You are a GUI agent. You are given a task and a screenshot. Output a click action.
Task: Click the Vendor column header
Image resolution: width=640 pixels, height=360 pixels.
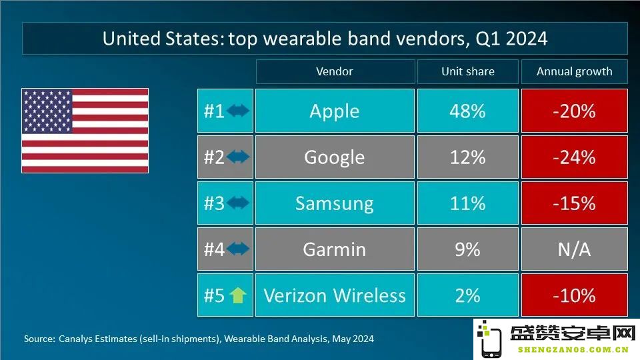(335, 71)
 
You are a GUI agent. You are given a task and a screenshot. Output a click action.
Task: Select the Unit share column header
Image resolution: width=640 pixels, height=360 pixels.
(468, 71)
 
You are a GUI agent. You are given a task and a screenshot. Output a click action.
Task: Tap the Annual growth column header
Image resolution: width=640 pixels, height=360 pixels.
(574, 71)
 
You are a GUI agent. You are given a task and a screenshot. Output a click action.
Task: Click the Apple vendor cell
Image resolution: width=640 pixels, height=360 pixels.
(335, 111)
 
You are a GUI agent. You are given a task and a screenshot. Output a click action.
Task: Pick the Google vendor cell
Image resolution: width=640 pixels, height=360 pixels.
(335, 157)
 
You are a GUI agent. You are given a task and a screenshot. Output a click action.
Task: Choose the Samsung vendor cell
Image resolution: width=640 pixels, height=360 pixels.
(335, 203)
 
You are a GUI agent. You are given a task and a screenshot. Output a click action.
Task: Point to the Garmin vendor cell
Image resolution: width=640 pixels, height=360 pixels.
(335, 249)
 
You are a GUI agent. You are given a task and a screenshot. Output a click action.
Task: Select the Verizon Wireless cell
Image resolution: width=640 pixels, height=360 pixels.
(335, 295)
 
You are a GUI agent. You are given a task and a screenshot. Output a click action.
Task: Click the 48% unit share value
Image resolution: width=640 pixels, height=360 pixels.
(468, 111)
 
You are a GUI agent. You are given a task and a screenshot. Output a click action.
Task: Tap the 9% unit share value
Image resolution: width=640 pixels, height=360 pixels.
(468, 249)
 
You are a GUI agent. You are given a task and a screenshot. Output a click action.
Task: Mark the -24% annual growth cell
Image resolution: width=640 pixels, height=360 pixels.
(574, 157)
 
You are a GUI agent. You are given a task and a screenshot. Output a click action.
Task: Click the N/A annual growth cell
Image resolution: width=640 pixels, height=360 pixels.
(574, 249)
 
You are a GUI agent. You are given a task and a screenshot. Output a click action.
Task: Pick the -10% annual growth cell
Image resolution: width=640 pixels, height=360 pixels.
(574, 295)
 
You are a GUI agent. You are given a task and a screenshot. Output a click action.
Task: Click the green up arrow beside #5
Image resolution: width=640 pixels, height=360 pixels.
(237, 295)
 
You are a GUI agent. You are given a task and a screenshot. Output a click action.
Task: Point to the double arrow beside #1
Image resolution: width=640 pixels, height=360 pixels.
(238, 111)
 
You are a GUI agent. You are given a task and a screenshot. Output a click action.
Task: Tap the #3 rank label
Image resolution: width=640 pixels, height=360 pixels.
(214, 203)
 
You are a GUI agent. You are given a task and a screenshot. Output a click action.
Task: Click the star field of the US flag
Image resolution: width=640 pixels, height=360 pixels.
(47, 111)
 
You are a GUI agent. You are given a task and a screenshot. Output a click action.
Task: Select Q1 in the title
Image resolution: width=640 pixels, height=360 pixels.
(488, 39)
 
